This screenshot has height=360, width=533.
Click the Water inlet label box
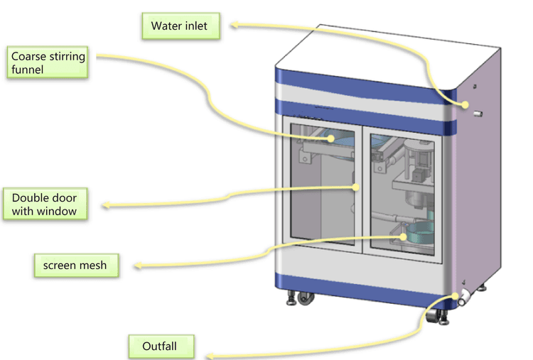pos(181,26)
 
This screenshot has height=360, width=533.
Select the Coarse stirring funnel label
pos(48,62)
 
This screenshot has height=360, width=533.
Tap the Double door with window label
pos(45,204)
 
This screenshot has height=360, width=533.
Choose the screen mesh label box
pos(77,266)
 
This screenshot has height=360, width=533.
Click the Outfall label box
pos(161,347)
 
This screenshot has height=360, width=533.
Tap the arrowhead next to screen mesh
pos(138,266)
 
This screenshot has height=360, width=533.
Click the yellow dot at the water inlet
pos(465,105)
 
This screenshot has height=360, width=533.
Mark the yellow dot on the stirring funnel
pos(330,138)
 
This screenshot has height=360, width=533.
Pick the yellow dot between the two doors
pos(356,187)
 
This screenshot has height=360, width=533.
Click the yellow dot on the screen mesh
pos(403,236)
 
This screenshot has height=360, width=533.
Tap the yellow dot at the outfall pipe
pos(456,296)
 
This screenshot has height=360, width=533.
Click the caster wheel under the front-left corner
pos(306,298)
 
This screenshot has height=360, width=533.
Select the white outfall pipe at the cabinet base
pos(465,298)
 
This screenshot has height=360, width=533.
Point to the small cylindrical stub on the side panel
pos(478,114)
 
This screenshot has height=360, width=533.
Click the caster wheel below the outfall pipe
pos(432,316)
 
